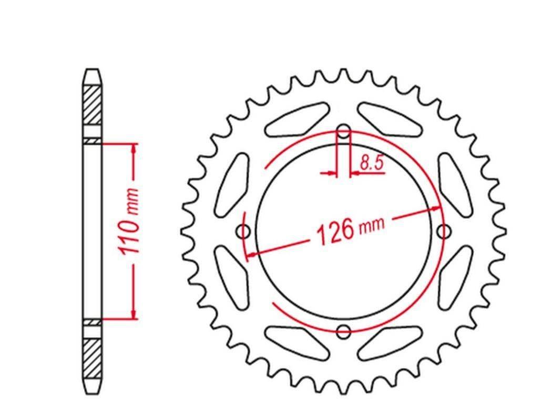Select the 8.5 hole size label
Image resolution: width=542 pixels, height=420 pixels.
372,163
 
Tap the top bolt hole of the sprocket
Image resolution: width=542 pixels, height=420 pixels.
344,131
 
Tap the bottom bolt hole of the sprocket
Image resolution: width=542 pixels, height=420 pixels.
344,331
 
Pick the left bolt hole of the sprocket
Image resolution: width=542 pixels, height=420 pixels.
243,231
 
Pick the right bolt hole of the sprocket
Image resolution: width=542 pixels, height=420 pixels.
444,231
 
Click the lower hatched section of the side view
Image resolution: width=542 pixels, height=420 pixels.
92,359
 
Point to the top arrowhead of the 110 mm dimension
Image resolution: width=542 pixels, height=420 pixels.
135,149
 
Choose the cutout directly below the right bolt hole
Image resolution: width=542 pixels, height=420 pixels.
455,276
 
